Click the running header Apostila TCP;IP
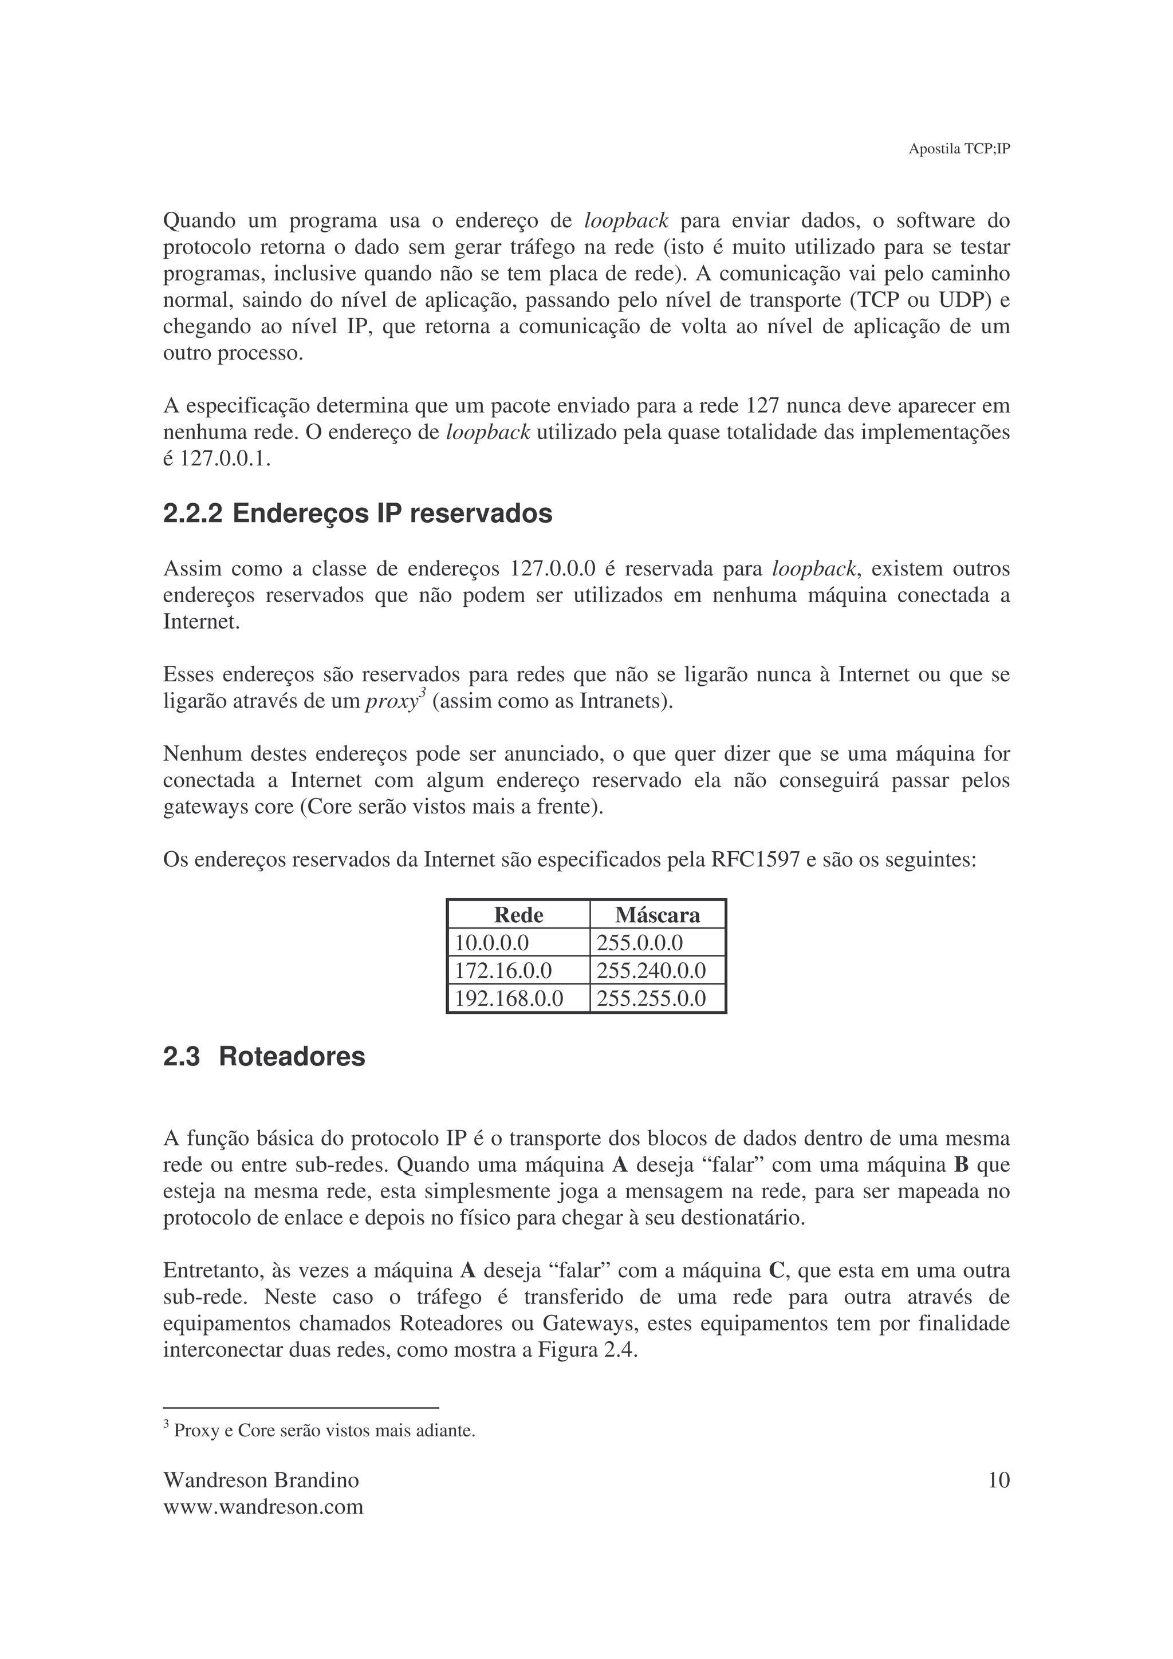pos(958,149)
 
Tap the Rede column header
pos(518,915)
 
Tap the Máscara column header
pos(657,915)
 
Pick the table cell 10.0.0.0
pos(491,943)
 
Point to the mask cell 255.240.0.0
pos(651,970)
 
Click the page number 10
pos(998,1480)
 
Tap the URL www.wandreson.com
pos(263,1507)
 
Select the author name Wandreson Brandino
pos(261,1480)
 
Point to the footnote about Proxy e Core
pos(324,1430)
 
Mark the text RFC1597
pos(755,860)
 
